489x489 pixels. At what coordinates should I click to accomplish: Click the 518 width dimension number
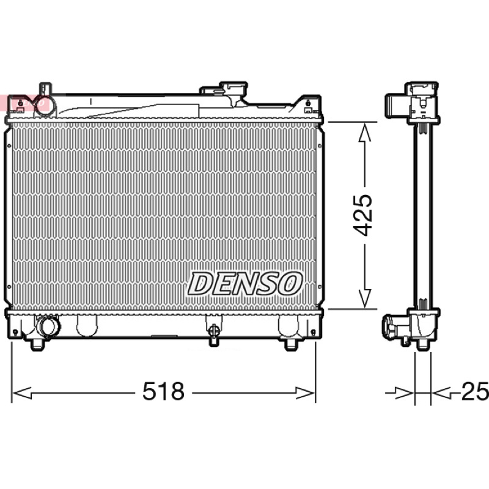[163, 391]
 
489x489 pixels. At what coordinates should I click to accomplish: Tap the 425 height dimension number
[362, 215]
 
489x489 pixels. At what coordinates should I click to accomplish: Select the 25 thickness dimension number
[475, 391]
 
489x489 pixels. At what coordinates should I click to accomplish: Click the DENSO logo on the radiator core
[245, 284]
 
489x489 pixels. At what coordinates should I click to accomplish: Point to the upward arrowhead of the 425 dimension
[364, 133]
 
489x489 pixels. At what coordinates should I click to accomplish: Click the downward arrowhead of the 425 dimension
[364, 298]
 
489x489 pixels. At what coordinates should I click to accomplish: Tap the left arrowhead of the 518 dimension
[22, 393]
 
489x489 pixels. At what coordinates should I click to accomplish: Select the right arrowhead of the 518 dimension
[305, 393]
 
